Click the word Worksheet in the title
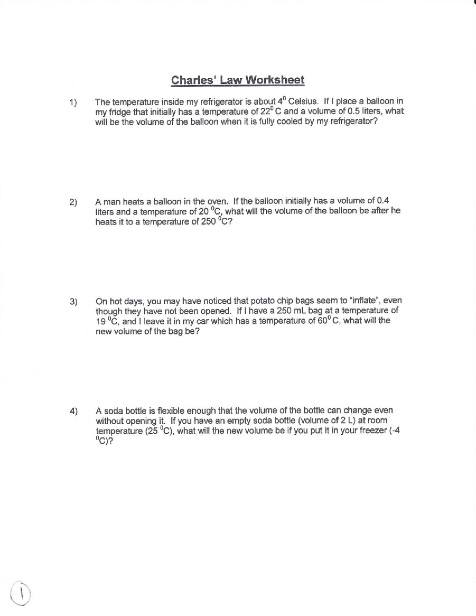tap(275, 80)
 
